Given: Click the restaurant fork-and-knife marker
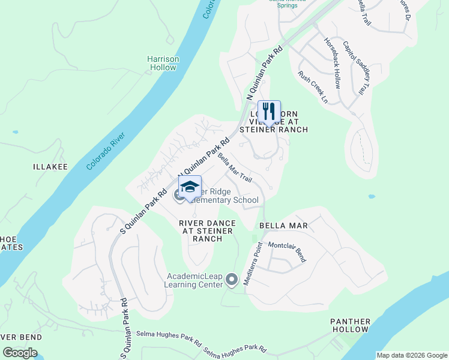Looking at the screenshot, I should [x=269, y=112].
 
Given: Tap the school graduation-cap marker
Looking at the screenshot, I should [x=190, y=187].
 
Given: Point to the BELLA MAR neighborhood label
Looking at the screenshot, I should [x=283, y=226].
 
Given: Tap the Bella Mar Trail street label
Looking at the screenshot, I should [x=235, y=168].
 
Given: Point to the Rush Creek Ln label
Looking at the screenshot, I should [x=313, y=87].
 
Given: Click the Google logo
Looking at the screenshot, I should [x=20, y=353].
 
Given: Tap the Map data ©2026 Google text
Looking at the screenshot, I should [x=411, y=355].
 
